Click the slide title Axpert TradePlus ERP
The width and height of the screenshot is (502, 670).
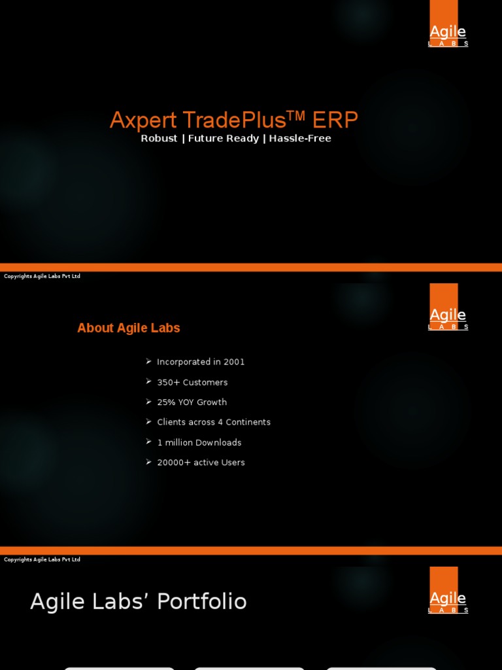pyautogui.click(x=233, y=120)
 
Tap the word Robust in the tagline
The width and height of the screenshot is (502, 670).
pyautogui.click(x=159, y=139)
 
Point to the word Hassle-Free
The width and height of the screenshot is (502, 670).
pyautogui.click(x=300, y=139)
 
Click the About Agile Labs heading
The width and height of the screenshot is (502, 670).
pyautogui.click(x=129, y=328)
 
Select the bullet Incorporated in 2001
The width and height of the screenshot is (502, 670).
pyautogui.click(x=201, y=362)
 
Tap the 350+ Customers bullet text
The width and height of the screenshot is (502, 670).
pyautogui.click(x=192, y=382)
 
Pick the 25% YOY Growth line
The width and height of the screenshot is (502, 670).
pyautogui.click(x=192, y=402)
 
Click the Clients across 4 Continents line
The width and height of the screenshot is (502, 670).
pyautogui.click(x=214, y=423)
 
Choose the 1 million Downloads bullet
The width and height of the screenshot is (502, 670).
pyautogui.click(x=199, y=443)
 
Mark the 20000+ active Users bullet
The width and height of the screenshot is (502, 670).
pyautogui.click(x=201, y=463)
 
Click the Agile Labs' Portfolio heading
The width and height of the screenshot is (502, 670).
pyautogui.click(x=139, y=602)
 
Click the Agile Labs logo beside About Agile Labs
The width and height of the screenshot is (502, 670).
pyautogui.click(x=448, y=308)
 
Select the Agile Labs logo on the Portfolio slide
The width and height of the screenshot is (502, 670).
pyautogui.click(x=448, y=591)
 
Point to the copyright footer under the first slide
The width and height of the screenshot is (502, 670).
pyautogui.click(x=42, y=276)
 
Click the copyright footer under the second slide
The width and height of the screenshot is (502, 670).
pyautogui.click(x=42, y=559)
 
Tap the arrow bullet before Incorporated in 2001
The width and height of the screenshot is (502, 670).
pyautogui.click(x=149, y=361)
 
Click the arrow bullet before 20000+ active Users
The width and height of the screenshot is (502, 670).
pyautogui.click(x=149, y=462)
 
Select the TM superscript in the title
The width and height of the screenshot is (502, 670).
pyautogui.click(x=296, y=115)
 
